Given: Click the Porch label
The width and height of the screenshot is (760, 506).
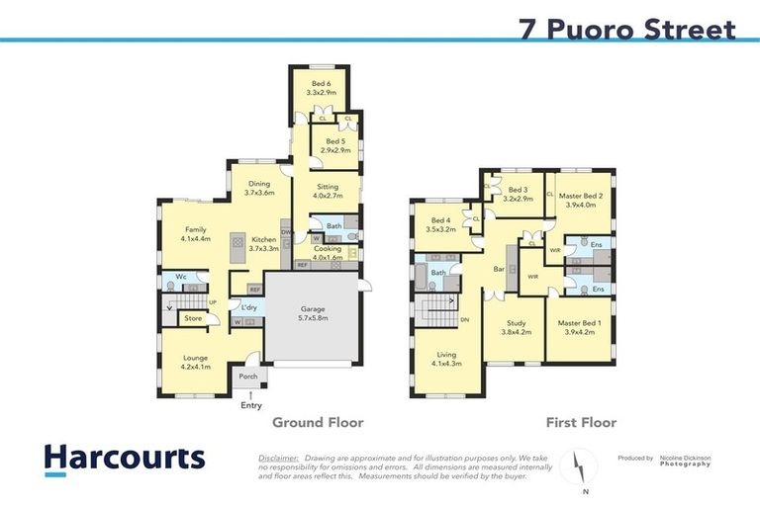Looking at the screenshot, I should (248, 376).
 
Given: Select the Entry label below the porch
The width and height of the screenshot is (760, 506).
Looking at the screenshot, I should (251, 405).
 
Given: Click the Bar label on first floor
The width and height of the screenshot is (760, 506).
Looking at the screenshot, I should (500, 268).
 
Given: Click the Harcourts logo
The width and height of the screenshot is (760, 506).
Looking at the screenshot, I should (124, 460).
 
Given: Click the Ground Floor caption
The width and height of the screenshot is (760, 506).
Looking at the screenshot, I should (318, 423).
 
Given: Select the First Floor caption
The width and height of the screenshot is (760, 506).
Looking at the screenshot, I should (581, 423).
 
